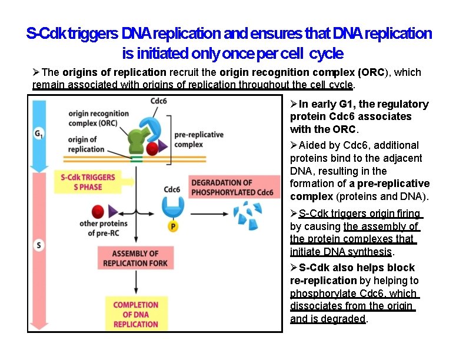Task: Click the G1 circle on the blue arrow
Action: pos(39,134)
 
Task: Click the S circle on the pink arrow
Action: pos(39,245)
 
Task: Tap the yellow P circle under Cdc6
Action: pos(173,226)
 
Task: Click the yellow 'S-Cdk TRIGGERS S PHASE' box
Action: pos(88,182)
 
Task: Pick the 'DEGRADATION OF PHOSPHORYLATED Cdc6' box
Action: pos(232,188)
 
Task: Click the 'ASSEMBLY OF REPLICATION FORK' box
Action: pos(135,258)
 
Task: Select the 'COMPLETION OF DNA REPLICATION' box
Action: pos(135,314)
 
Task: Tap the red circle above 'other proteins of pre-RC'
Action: pos(98,212)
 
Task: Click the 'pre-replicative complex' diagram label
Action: pos(199,139)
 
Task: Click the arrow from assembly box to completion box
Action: pos(136,283)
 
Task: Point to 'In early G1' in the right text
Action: pos(325,104)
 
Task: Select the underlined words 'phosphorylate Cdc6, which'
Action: pos(353,294)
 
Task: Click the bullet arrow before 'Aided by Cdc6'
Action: pos(294,145)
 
